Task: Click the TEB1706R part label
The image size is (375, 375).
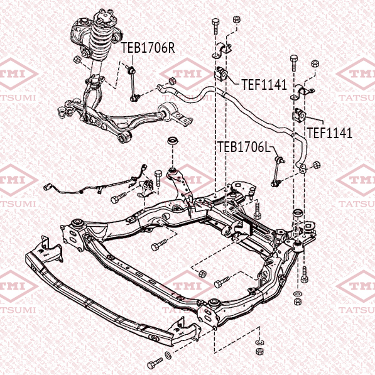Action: tap(148, 48)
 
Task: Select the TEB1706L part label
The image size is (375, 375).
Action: tap(244, 146)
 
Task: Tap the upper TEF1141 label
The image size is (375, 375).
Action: tap(264, 85)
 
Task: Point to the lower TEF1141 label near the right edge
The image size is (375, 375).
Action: tap(330, 133)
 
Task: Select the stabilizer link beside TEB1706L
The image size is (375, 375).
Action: tap(278, 171)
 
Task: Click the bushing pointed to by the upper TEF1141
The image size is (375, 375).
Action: tap(222, 73)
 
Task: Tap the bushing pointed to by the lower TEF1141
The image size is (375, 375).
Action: tap(299, 115)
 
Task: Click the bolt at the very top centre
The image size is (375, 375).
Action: tap(215, 26)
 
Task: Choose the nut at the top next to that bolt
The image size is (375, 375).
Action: tap(236, 19)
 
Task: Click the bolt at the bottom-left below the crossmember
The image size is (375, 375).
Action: tap(155, 363)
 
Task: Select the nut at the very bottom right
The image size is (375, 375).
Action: tap(259, 351)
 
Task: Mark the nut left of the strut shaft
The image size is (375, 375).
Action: tap(77, 59)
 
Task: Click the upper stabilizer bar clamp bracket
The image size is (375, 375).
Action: tap(222, 51)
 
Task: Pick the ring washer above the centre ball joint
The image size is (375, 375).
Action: tap(173, 141)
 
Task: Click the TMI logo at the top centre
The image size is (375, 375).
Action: tap(187, 74)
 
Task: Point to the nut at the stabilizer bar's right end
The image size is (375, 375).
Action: tap(317, 165)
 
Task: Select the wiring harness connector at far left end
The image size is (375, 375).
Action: tap(46, 187)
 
